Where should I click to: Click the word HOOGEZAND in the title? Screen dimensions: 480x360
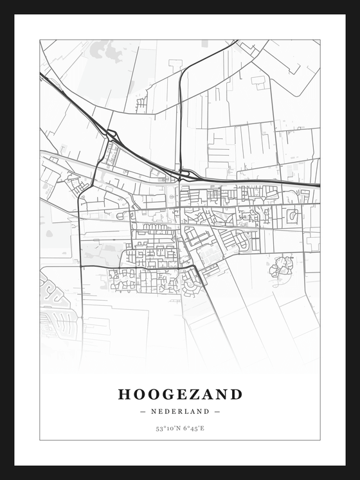[180, 394]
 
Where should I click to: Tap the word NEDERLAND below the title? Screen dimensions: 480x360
[180, 411]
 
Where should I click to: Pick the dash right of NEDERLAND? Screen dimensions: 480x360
[217, 411]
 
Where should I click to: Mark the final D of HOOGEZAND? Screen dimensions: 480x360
[236, 394]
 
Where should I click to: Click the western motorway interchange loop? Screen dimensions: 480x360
[112, 135]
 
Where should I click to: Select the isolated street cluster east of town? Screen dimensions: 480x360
[282, 264]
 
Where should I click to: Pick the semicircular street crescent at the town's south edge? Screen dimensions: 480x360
[192, 283]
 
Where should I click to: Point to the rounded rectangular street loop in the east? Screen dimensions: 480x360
[292, 215]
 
